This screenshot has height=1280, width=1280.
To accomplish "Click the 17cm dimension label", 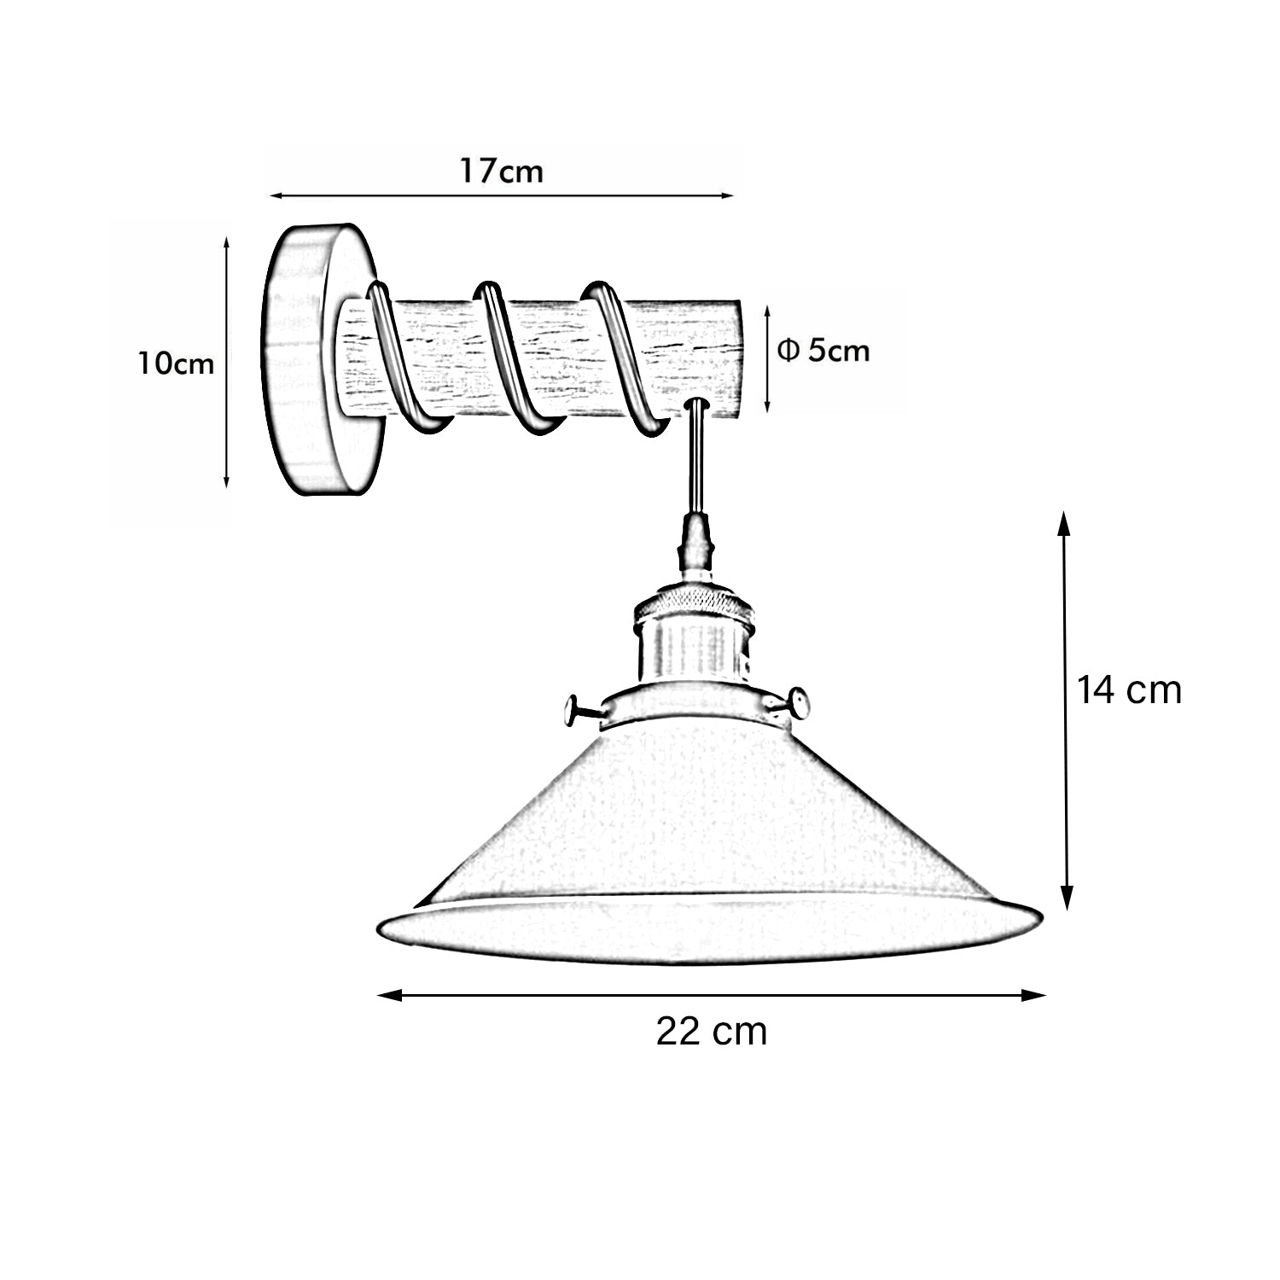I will point(502,171).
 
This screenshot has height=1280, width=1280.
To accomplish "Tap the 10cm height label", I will point(177,364).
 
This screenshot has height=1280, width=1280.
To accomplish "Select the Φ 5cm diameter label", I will point(824,350).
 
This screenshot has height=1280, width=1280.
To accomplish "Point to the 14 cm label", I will point(1128,689).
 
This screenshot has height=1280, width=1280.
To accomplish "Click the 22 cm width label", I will point(712,1032).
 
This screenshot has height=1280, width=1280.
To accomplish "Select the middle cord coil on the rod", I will point(512,358).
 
